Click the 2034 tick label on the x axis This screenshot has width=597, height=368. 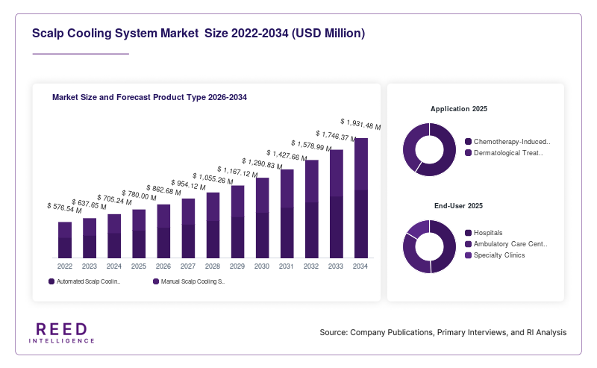coord(360,266)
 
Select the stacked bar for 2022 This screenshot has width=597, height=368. coord(65,240)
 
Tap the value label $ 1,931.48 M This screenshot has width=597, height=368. coord(360,124)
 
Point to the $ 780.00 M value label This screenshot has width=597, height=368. coord(139,196)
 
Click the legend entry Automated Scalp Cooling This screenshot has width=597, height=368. coord(84,281)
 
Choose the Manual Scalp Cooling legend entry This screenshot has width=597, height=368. coord(189,281)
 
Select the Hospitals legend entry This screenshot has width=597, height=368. coord(484,233)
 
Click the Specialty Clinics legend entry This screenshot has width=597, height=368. coord(495,255)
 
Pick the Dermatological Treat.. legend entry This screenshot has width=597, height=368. coord(504,153)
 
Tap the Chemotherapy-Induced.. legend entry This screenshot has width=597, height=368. coord(508,142)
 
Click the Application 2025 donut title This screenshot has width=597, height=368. coord(459,109)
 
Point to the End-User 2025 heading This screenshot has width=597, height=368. coord(458,206)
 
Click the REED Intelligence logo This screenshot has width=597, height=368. coord(62,333)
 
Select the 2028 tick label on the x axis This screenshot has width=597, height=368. coord(213,266)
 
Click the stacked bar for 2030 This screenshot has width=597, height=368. coord(263,218)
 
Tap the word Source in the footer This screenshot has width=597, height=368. coord(333,332)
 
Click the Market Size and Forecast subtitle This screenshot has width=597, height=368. coord(149,97)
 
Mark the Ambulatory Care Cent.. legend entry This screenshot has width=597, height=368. coord(507,244)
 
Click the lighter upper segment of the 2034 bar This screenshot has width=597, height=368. coord(361,164)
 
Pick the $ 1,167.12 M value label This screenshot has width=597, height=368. coord(237,172)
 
